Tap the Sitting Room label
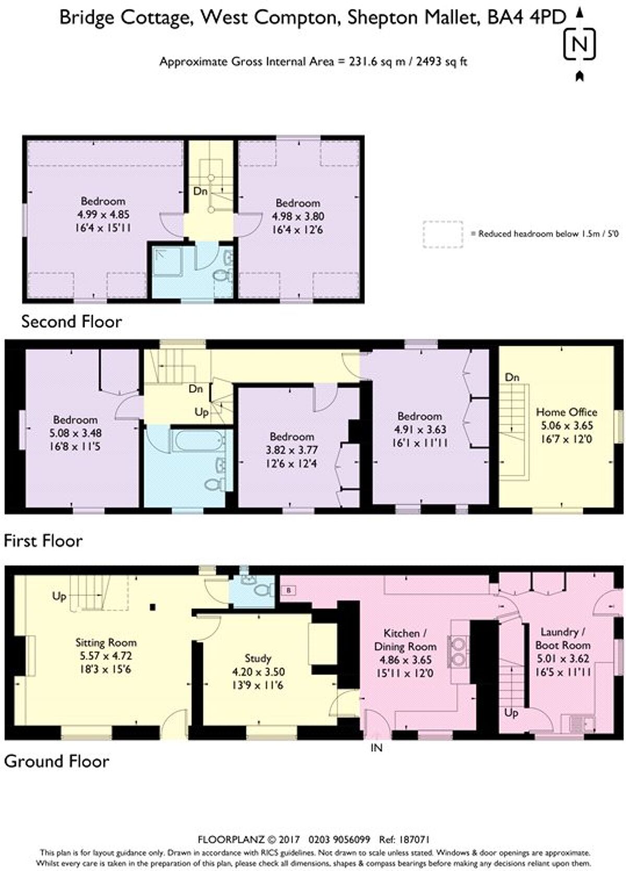106,643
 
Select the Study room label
258,658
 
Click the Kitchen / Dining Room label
405,640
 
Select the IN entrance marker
376,747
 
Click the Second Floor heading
71,321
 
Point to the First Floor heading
43,540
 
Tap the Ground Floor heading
57,761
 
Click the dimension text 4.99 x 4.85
103,214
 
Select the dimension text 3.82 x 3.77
292,450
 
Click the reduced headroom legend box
443,234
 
